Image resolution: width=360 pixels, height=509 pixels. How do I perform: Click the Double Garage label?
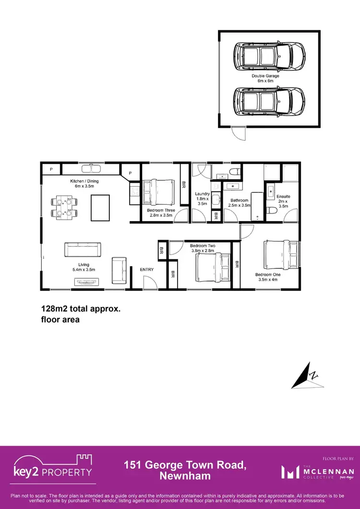pyautogui.click(x=265, y=78)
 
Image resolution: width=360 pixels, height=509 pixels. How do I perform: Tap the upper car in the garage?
pyautogui.click(x=269, y=55)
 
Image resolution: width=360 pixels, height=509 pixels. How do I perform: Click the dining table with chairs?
pyautogui.click(x=65, y=207)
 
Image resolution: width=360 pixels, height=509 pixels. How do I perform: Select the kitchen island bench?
pyautogui.click(x=100, y=206)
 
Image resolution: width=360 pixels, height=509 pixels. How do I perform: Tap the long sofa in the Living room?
pyautogui.click(x=83, y=250)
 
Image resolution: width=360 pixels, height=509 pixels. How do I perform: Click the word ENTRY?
pyautogui.click(x=147, y=270)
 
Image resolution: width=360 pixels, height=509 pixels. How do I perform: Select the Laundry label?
pyautogui.click(x=202, y=197)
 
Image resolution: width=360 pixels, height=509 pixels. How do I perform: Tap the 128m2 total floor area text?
pyautogui.click(x=80, y=314)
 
